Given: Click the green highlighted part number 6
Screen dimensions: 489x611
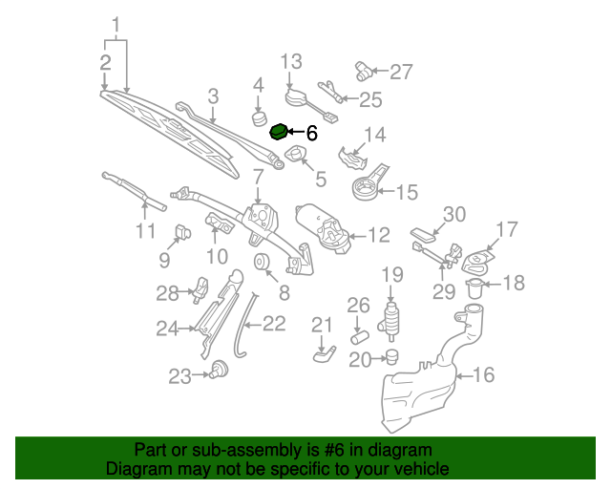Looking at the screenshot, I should coord(280,133).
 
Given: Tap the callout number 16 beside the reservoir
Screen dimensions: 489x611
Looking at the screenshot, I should coord(484,375).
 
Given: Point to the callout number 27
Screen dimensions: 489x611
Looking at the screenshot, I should coord(401,71).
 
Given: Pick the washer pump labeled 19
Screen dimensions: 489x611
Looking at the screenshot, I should coord(391,322).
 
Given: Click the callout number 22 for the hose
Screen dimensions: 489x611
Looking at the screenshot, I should coord(274,324).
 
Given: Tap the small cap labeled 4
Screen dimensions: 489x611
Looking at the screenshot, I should coord(258,118).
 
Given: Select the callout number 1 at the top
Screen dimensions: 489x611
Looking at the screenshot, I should coord(116,22).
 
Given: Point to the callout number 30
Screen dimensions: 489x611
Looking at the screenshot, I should coord(454,214).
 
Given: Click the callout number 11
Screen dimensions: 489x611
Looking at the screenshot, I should coord(144,231).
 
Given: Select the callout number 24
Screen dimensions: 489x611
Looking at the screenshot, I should coord(168,329).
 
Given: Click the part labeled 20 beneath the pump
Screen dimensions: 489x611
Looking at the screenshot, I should coord(390,358).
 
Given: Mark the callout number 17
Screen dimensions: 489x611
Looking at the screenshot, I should coord(506,229).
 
